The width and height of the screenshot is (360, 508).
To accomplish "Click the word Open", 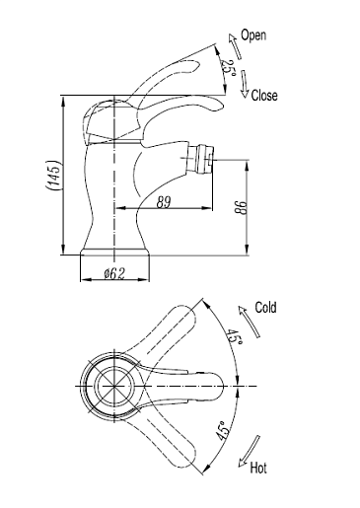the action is (253, 36).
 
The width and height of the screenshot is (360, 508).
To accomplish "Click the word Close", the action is (264, 96).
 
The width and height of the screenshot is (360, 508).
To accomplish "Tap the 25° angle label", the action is (228, 68).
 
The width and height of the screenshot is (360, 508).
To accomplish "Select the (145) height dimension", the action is (52, 176).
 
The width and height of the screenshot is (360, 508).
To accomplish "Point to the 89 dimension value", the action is (164, 202).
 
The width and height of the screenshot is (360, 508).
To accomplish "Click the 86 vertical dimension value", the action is (241, 207).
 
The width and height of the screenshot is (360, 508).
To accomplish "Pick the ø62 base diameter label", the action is (114, 273).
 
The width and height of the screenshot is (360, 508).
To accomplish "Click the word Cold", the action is (265, 308).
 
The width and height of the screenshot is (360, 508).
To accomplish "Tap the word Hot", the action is (258, 468).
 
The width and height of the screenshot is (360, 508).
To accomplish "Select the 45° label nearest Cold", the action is (235, 335).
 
